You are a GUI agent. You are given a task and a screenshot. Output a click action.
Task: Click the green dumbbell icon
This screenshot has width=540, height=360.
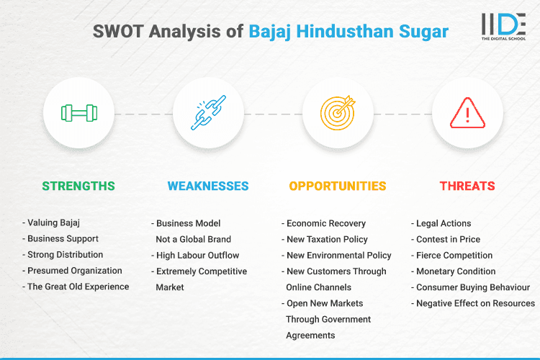coord(78,113)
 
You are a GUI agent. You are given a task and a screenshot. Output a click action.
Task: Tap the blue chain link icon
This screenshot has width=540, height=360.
coord(208,113)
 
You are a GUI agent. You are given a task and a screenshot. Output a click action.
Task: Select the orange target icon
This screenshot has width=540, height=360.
coord(338,113)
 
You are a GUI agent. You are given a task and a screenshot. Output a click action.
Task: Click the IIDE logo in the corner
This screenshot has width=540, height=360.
coord(503,26)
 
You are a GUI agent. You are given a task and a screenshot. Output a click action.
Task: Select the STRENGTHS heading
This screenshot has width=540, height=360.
coord(78,186)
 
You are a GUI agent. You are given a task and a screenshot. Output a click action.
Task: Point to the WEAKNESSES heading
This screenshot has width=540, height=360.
coord(208,186)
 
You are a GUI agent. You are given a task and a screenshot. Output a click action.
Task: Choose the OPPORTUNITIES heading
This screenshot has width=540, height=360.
coord(338,186)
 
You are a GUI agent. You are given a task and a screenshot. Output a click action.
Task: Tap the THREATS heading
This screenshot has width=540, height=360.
coord(467,186)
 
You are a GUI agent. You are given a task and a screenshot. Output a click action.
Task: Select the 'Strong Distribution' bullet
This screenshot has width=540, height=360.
coord(65,255)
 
